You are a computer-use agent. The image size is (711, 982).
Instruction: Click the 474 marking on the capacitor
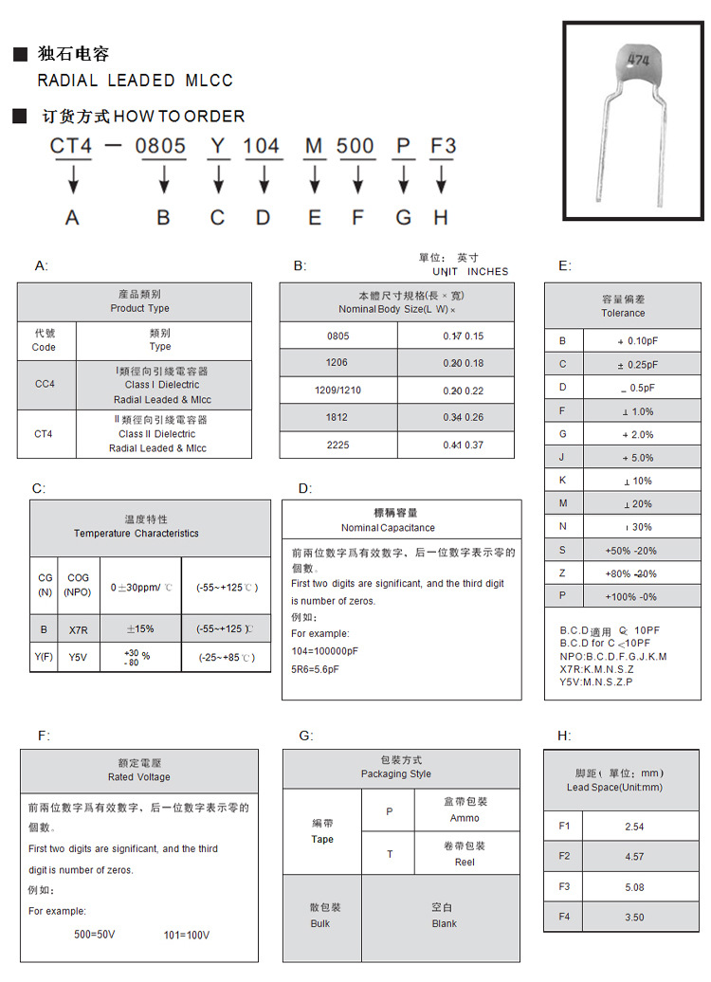(637, 60)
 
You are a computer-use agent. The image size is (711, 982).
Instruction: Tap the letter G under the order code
(404, 217)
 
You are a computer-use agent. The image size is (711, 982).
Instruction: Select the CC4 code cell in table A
(45, 385)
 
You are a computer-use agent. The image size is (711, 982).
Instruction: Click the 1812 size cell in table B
(337, 417)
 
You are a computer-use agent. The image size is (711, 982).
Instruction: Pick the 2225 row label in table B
(337, 445)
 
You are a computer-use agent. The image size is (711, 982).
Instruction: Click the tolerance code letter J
(562, 458)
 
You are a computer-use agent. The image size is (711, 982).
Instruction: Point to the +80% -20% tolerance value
(630, 573)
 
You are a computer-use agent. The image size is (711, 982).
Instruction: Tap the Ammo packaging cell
(465, 809)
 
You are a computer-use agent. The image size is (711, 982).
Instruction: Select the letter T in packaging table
(389, 854)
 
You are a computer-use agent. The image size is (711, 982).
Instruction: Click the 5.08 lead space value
(634, 887)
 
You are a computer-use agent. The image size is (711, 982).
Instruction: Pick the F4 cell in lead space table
(564, 917)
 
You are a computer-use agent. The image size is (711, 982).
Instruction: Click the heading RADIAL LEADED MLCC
(135, 81)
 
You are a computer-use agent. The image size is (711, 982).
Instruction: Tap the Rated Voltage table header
(139, 770)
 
